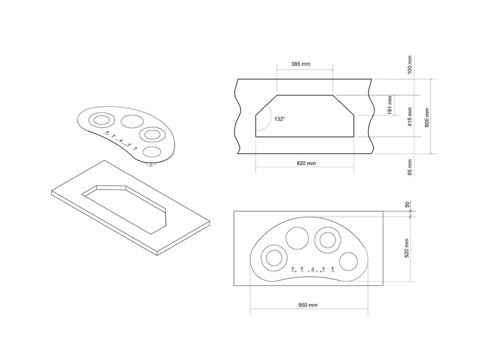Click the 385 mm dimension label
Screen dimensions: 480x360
tap(300, 64)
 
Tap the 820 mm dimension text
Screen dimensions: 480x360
tap(306, 163)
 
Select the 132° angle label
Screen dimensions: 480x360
tap(279, 119)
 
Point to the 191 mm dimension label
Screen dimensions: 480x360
tap(390, 105)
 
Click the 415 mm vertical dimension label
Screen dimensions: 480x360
tap(410, 117)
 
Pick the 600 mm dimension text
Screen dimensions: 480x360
tap(427, 118)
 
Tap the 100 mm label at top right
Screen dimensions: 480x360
tap(410, 65)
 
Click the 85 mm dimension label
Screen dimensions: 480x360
tap(410, 167)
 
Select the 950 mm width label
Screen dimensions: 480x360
tap(308, 305)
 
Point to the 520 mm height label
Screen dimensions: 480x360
tap(407, 248)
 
